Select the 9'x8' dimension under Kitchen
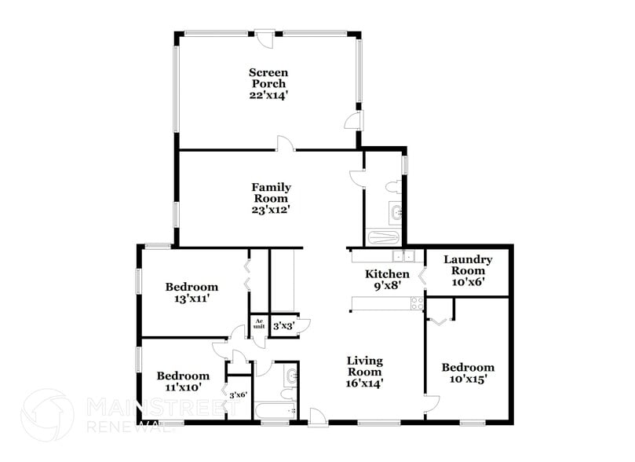pyautogui.click(x=387, y=286)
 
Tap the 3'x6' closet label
pyautogui.click(x=238, y=395)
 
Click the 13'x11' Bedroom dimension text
pyautogui.click(x=191, y=299)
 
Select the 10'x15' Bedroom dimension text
pyautogui.click(x=468, y=379)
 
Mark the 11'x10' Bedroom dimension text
pyautogui.click(x=182, y=387)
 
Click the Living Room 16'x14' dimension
pyautogui.click(x=365, y=384)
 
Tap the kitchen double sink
pyautogui.click(x=403, y=255)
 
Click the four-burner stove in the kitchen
pyautogui.click(x=416, y=303)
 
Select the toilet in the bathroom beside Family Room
pyautogui.click(x=394, y=188)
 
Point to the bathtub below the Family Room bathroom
pyautogui.click(x=384, y=237)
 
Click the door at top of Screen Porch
pyautogui.click(x=267, y=37)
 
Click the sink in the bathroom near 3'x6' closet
pyautogui.click(x=290, y=376)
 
